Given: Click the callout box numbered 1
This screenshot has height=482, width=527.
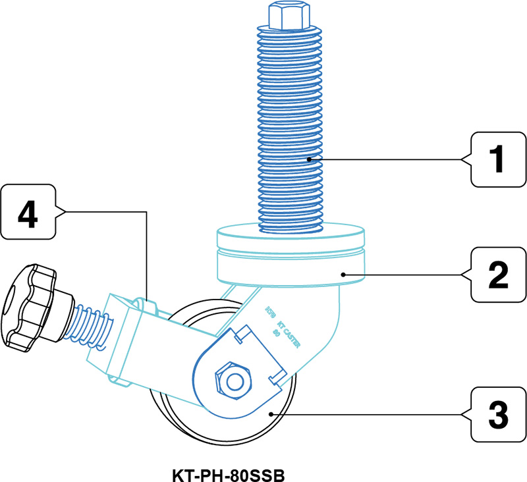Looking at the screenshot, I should (x=495, y=159).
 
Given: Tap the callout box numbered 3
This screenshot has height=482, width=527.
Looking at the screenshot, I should (x=495, y=414).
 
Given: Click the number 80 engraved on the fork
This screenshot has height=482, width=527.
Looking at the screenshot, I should (x=277, y=333).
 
